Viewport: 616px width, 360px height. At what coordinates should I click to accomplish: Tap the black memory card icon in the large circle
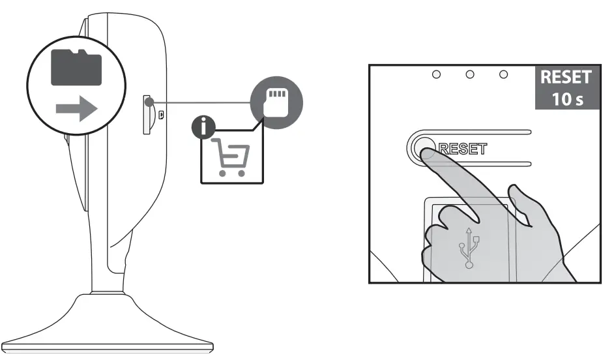tap(77, 67)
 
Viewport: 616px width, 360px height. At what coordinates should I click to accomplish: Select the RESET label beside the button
tap(463, 148)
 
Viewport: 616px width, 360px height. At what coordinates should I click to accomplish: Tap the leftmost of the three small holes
tap(436, 75)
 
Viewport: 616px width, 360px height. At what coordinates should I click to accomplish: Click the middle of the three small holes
tap(469, 75)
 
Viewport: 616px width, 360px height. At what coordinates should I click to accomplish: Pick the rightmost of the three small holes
tap(503, 75)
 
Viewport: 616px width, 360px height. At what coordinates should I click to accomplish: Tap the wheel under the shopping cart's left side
tap(222, 173)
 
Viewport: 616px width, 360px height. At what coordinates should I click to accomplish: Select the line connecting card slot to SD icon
tap(202, 102)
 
